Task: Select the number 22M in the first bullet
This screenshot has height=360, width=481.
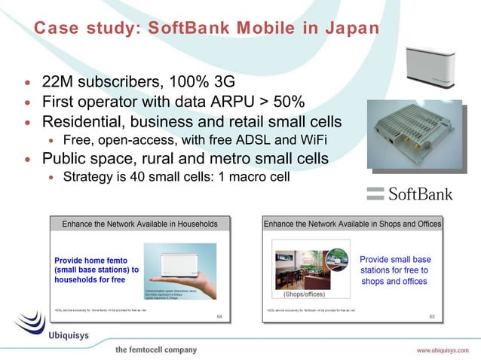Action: (x=57, y=81)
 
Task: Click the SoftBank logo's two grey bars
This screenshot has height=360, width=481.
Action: (x=375, y=194)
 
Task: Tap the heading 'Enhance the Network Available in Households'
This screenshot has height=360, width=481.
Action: (x=140, y=224)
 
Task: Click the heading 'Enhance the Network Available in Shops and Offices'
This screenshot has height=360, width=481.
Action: (x=352, y=224)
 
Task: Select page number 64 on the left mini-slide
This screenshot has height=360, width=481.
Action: (x=219, y=316)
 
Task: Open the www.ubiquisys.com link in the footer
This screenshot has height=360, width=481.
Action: (x=444, y=350)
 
